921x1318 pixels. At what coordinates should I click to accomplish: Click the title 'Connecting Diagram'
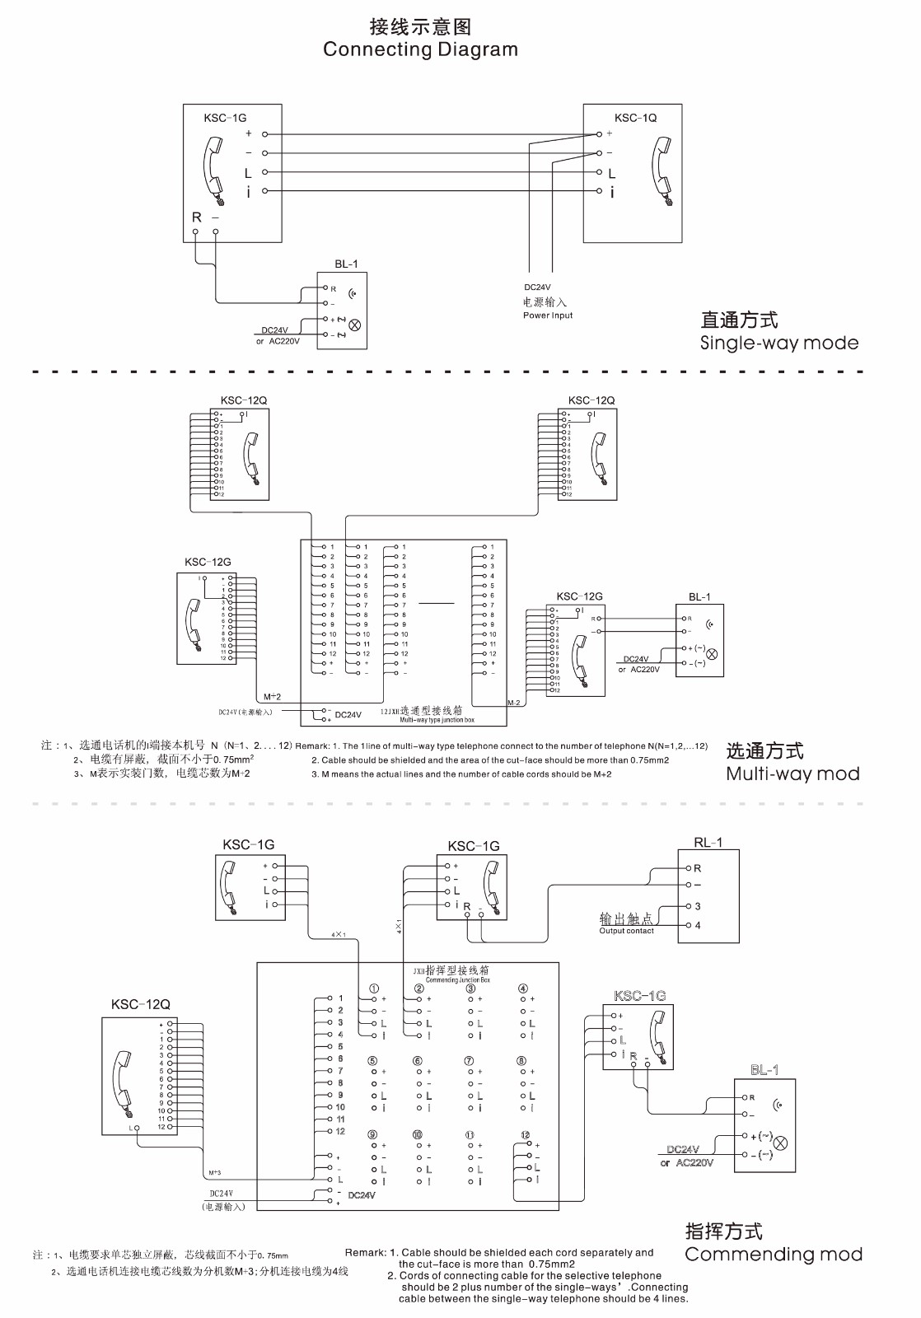[x=420, y=49]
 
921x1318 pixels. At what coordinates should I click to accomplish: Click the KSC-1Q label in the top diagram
[x=635, y=118]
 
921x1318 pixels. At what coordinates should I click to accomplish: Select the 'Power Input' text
[x=547, y=315]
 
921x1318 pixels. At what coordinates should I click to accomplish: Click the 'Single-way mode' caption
[x=778, y=343]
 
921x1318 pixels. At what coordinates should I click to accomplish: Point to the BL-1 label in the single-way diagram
[x=346, y=265]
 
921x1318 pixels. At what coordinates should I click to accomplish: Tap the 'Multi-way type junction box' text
[x=437, y=720]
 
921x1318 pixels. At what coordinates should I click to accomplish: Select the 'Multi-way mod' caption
[x=792, y=774]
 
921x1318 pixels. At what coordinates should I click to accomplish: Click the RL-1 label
[x=708, y=843]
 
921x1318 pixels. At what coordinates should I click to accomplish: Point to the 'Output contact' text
[x=626, y=931]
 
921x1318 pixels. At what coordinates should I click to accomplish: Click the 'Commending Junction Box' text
[x=457, y=980]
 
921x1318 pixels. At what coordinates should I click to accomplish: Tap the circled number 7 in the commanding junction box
[x=470, y=1061]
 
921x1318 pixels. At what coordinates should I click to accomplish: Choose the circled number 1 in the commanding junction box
[x=374, y=988]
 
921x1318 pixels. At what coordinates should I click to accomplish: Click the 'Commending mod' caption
[x=774, y=1254]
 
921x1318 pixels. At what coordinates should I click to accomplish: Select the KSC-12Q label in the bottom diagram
[x=140, y=1004]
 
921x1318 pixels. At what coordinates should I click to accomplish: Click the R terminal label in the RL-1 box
[x=698, y=868]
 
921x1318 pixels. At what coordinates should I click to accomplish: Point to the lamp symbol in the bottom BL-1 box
[x=781, y=1143]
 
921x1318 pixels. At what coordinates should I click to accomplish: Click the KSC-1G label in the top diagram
[x=225, y=119]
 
